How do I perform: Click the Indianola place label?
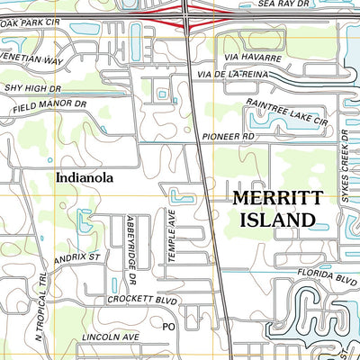[84, 178]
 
